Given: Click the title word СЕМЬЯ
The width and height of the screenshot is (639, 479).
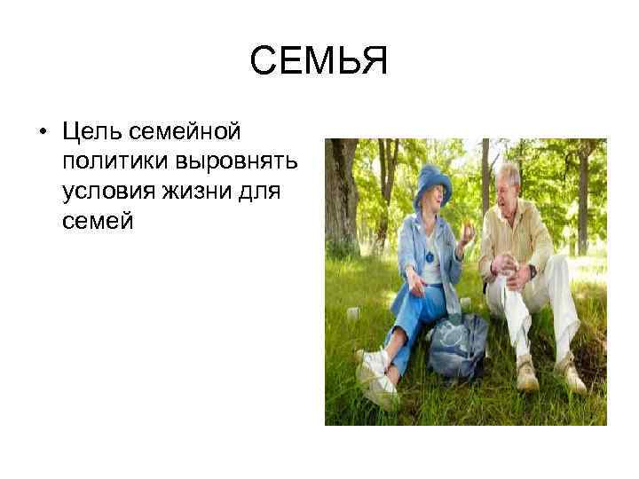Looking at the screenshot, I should (319, 63).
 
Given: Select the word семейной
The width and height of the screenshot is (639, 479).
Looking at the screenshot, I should (197, 132).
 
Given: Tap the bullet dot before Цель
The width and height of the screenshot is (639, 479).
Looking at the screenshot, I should (42, 134).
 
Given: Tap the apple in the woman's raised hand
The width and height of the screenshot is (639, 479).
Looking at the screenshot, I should (469, 232).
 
